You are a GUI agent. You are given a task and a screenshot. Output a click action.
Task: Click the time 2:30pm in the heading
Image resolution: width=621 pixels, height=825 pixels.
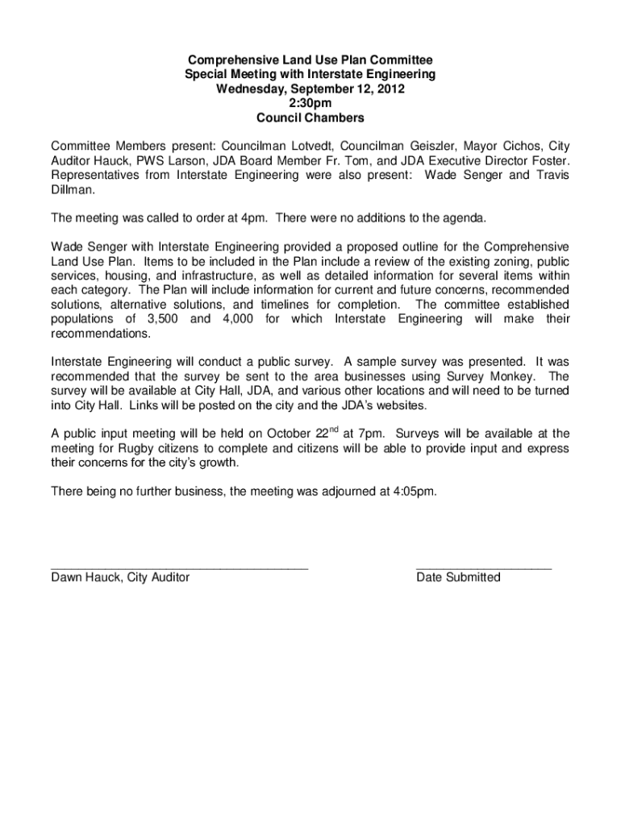(x=310, y=103)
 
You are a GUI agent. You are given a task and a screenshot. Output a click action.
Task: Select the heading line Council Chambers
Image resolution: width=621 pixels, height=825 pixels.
(x=310, y=118)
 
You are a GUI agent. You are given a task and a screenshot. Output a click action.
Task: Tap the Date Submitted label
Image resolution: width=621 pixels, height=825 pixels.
(x=458, y=577)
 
